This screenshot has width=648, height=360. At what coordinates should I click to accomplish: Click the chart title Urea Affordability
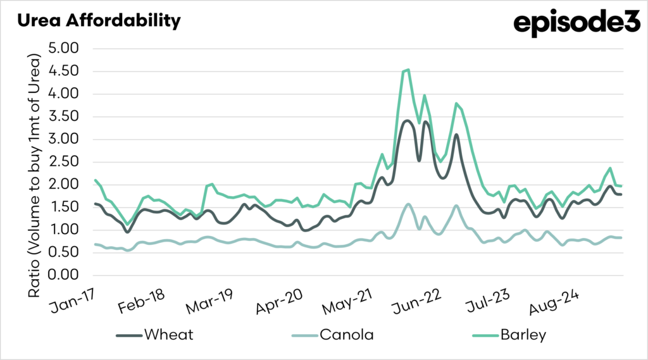click(x=99, y=20)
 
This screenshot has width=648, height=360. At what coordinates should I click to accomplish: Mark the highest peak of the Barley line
click(x=408, y=70)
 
